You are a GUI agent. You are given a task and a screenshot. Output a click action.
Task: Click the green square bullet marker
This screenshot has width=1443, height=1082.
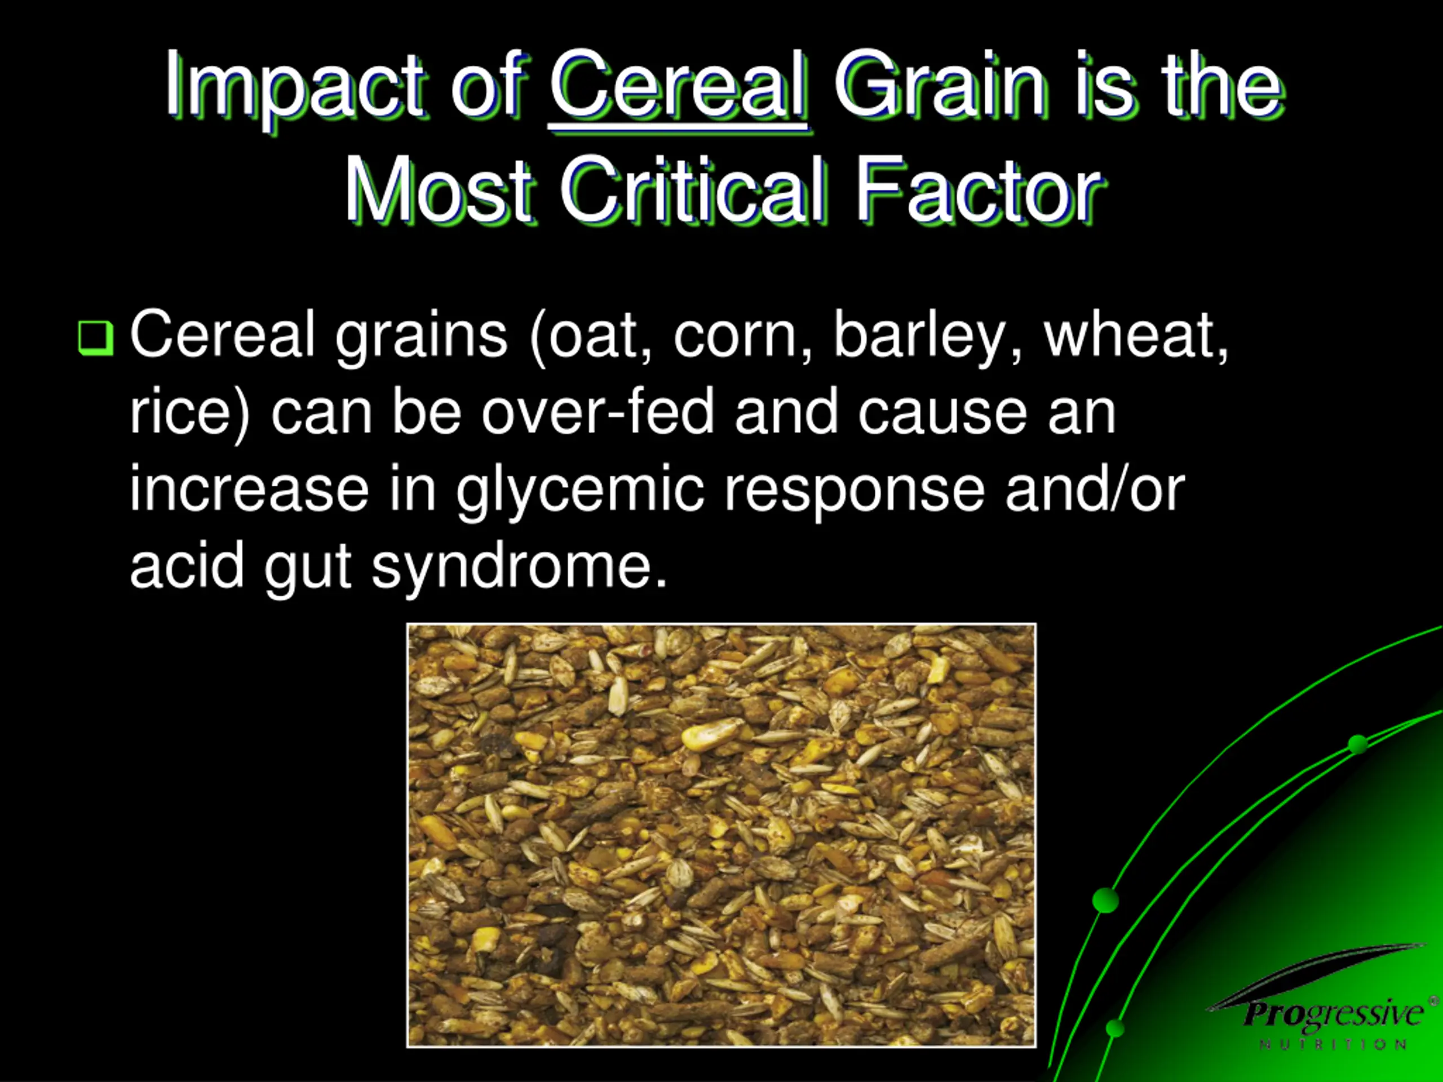(96, 337)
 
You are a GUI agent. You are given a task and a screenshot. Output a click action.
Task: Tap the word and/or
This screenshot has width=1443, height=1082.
(1094, 489)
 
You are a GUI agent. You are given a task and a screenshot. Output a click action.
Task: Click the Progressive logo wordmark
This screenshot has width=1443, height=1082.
(1333, 1013)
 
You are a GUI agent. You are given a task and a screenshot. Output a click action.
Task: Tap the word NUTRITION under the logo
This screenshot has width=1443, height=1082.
(1333, 1045)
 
